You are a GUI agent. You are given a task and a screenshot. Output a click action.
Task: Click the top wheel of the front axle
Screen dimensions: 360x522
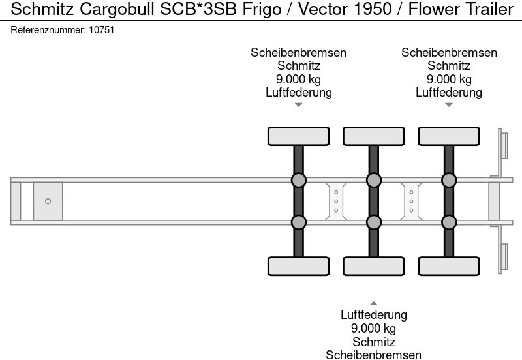point(298,136)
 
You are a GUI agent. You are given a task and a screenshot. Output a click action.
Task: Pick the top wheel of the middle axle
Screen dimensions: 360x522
point(373,136)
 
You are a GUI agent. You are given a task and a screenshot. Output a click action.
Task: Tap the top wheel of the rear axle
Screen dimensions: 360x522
point(448,136)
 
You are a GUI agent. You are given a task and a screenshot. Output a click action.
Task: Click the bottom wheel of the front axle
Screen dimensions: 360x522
point(298,266)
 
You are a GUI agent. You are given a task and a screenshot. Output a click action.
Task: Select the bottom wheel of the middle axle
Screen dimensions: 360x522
point(373,266)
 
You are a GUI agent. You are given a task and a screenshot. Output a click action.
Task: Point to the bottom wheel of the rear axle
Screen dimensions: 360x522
point(448,266)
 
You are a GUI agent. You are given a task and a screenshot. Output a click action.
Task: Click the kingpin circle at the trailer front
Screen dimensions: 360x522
point(48,201)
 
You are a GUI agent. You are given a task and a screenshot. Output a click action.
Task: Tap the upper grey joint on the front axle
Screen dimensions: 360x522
point(298,180)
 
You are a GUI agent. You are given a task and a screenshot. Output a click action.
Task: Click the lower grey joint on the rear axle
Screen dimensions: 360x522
point(448,222)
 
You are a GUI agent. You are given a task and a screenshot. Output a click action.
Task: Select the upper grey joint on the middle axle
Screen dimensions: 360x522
point(373,180)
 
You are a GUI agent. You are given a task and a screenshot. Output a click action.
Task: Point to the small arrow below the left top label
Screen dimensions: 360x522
point(298,105)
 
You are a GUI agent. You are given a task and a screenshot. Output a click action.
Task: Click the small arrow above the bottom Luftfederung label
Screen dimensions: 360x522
point(373,303)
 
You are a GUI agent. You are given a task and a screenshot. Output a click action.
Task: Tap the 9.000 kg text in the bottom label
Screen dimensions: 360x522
point(373,328)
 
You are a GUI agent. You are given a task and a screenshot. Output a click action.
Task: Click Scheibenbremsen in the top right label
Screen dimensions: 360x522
point(449,53)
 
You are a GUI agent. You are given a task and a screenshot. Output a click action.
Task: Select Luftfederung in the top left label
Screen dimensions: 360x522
point(298,92)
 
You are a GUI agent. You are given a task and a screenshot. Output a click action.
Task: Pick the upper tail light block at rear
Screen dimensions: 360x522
point(504,144)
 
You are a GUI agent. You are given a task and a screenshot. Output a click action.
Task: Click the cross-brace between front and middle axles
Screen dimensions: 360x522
point(335,201)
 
